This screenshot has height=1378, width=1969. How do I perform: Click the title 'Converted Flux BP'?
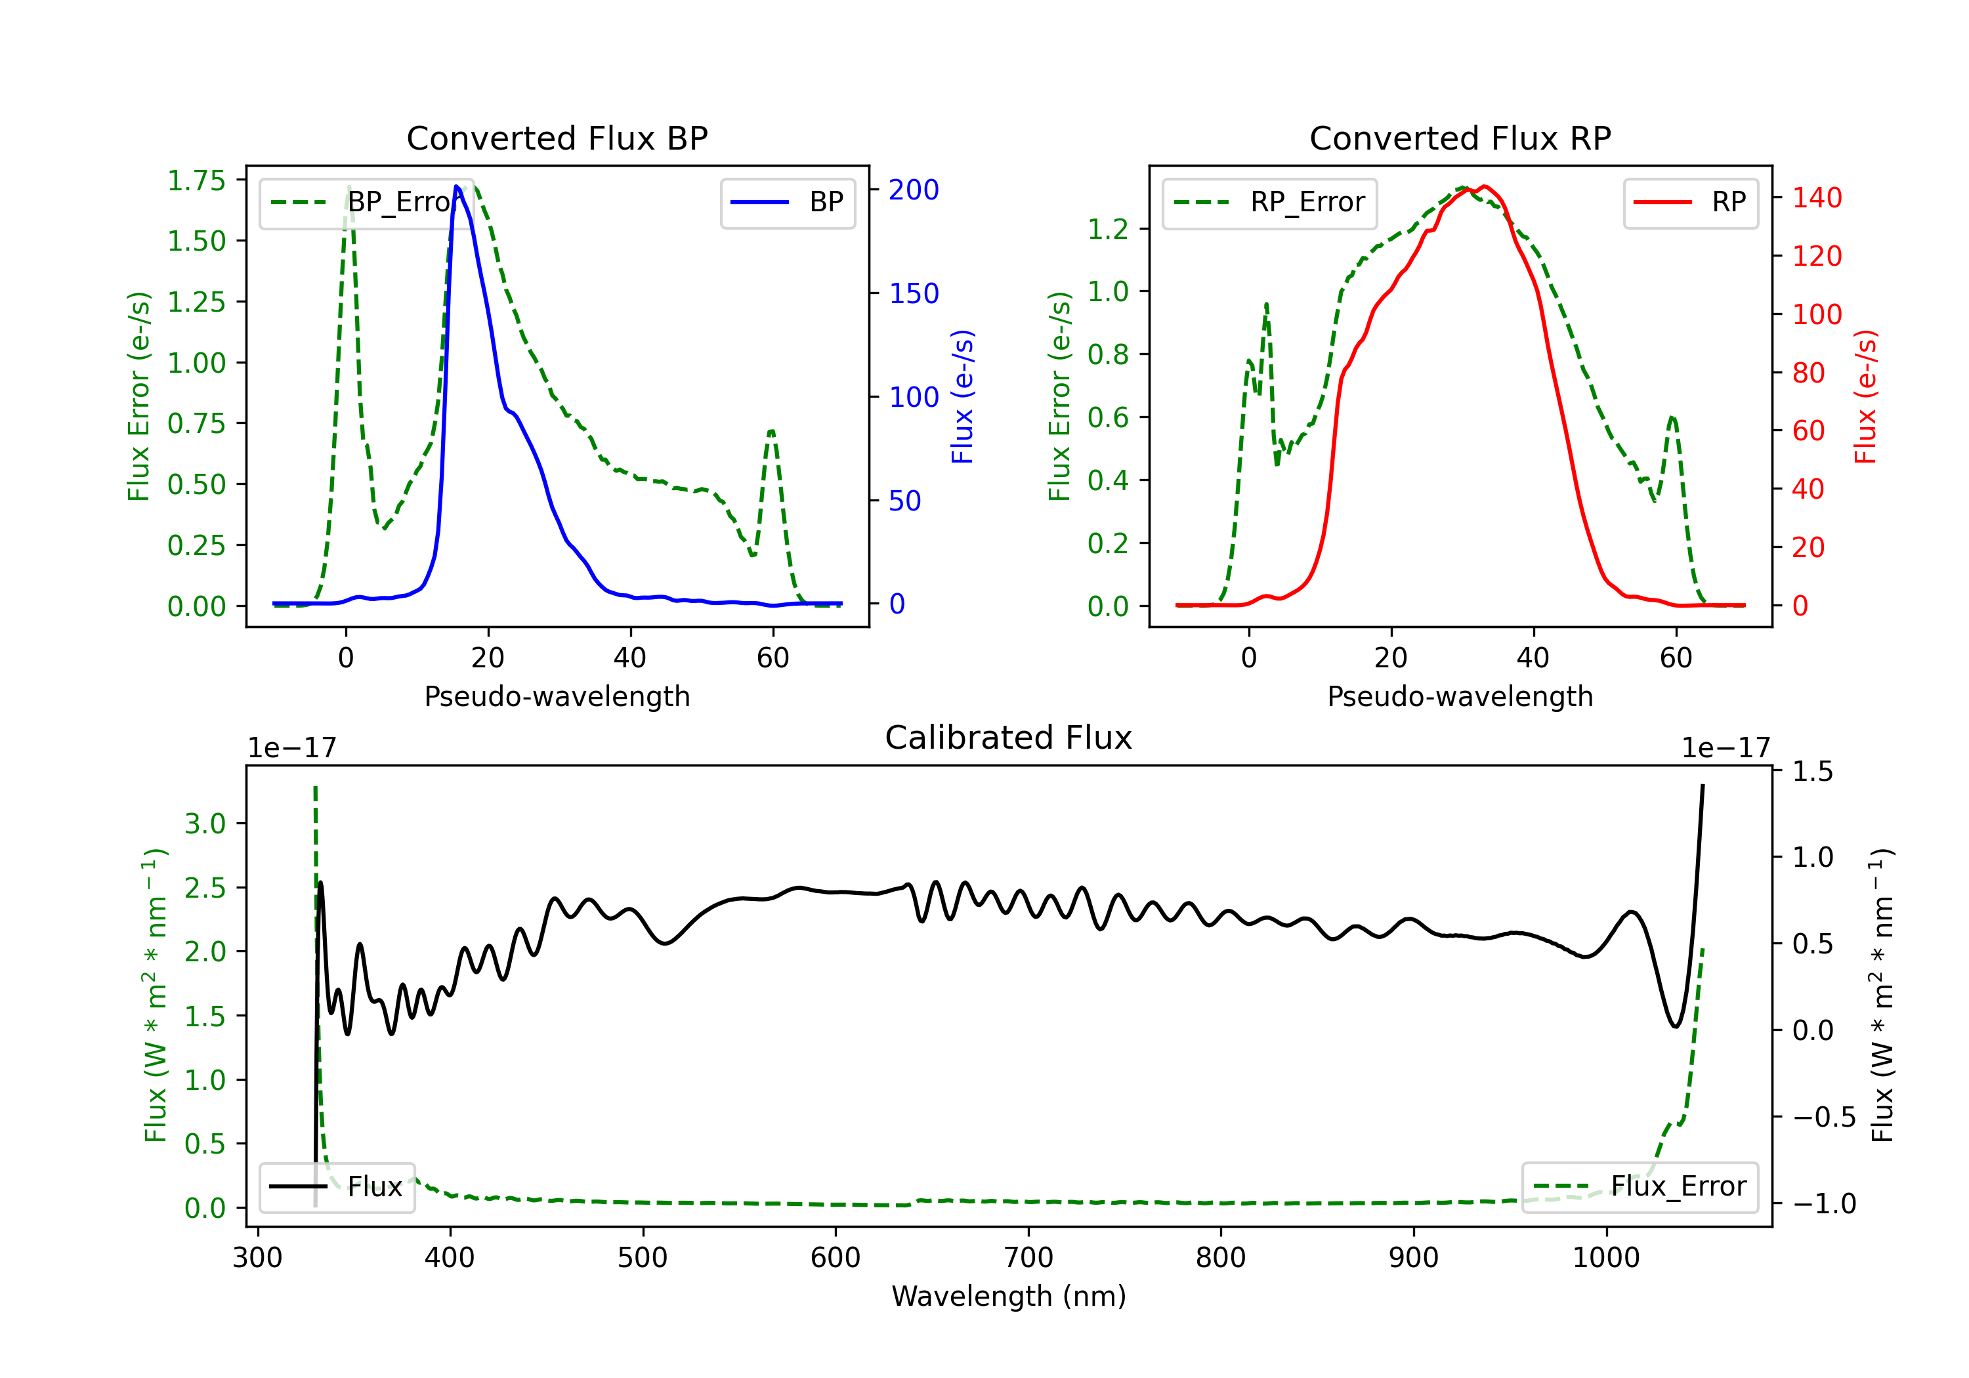click(x=557, y=138)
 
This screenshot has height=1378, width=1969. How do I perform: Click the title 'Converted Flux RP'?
click(x=1460, y=138)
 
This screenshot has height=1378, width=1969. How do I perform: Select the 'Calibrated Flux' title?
click(x=1009, y=738)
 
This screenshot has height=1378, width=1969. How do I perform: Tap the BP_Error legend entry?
click(x=360, y=202)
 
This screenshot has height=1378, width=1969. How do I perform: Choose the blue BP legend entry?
click(x=787, y=202)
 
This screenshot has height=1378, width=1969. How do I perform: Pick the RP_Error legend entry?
click(x=1269, y=202)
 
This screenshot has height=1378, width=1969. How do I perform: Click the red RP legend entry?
click(x=1690, y=202)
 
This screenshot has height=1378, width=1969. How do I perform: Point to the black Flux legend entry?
click(x=336, y=1187)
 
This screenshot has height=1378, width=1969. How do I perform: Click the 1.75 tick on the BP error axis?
click(x=196, y=181)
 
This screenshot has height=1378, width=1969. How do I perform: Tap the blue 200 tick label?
click(x=914, y=190)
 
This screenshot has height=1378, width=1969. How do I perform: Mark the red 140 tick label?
click(x=1816, y=198)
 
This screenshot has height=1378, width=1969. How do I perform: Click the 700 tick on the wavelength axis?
click(x=1028, y=1258)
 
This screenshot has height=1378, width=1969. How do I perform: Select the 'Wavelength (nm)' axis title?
click(x=1009, y=1297)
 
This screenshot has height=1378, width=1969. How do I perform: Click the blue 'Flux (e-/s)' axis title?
click(x=962, y=397)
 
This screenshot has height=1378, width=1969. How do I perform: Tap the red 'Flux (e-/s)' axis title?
click(x=1866, y=397)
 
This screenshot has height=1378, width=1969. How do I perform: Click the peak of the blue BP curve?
click(x=457, y=186)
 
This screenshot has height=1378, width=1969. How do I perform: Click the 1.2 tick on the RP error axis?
click(x=1108, y=229)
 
